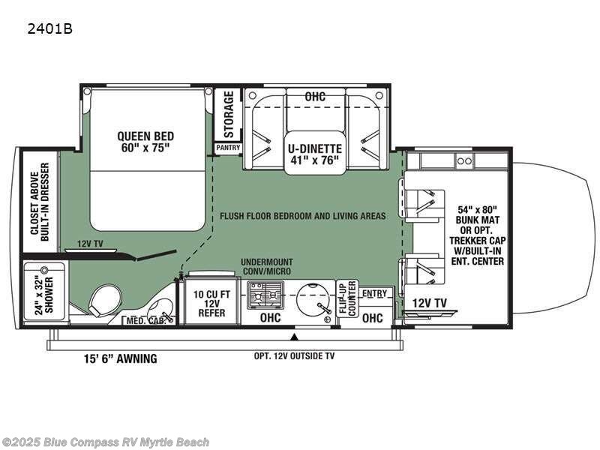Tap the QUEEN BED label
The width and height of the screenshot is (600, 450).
click(145, 141)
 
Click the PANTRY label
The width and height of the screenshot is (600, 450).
click(228, 148)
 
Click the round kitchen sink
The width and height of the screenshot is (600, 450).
click(313, 295)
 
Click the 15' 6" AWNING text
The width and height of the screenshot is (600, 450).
click(120, 358)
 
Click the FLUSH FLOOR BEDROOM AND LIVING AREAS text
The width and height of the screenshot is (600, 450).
click(303, 216)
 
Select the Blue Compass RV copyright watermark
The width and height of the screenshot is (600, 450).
click(105, 442)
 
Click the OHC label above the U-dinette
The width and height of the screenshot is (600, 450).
click(315, 96)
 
